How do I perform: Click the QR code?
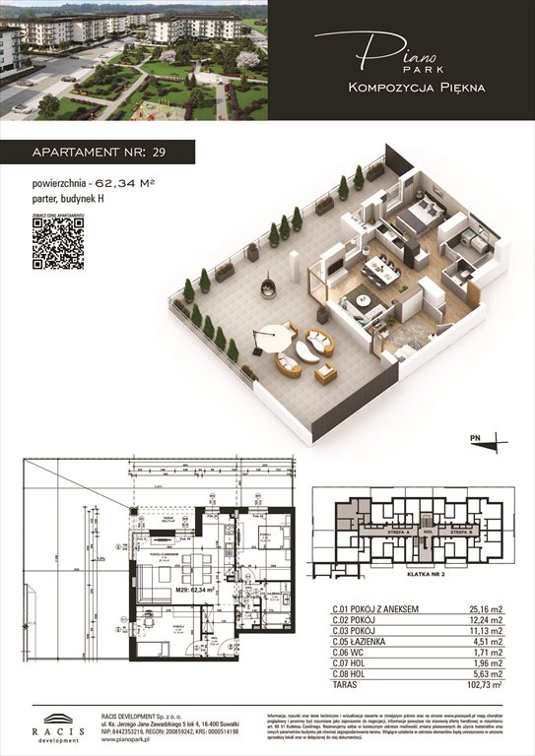(x=57, y=243)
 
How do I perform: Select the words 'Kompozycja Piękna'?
(x=416, y=88)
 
